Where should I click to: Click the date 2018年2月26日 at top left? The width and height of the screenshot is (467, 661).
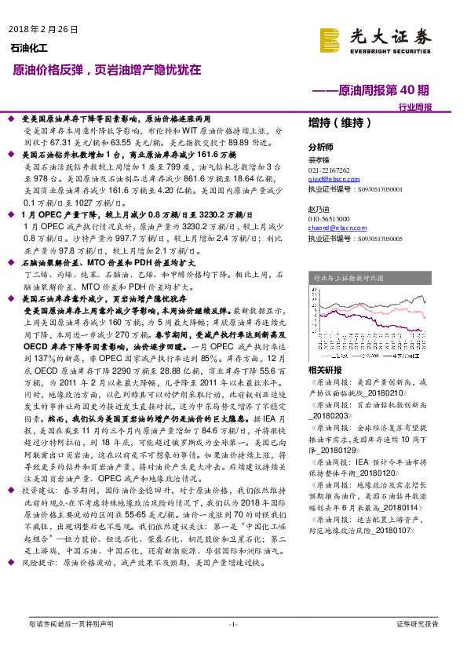click(x=44, y=30)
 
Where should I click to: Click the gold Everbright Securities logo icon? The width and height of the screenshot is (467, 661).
click(x=330, y=38)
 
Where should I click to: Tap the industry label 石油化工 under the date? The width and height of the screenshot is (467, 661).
click(x=29, y=49)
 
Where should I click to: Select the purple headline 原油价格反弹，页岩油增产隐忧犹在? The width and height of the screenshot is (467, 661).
click(x=108, y=71)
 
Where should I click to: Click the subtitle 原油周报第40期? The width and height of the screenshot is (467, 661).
click(x=381, y=90)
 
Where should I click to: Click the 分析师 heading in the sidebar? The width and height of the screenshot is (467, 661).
click(x=320, y=147)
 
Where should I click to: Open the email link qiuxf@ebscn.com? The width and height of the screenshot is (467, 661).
click(x=330, y=180)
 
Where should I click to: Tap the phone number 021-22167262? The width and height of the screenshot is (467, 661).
click(x=329, y=170)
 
